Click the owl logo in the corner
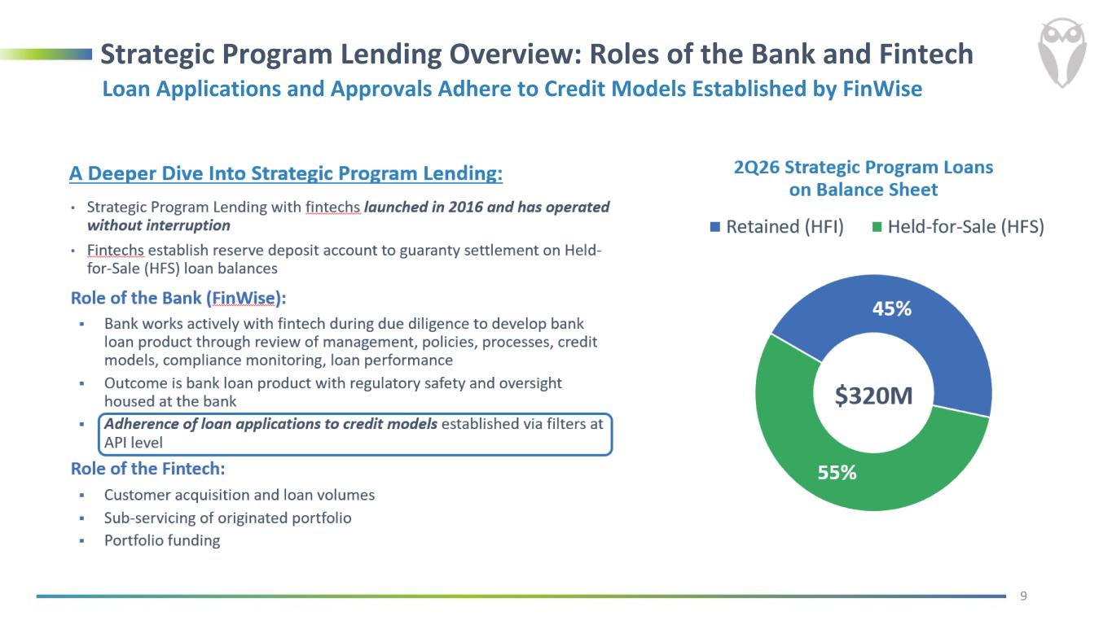click(x=1061, y=53)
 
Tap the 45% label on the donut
click(x=891, y=308)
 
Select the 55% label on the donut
click(x=837, y=472)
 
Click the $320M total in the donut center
click(x=873, y=396)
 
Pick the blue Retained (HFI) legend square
click(x=715, y=227)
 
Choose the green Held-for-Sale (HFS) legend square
click(x=877, y=227)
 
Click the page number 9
click(x=1023, y=596)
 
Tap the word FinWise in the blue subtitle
click(x=882, y=89)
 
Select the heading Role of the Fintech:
click(x=148, y=468)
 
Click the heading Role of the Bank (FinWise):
click(x=178, y=298)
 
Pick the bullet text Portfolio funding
click(x=162, y=540)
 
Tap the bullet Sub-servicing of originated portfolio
click(x=228, y=518)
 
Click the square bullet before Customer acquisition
click(x=82, y=495)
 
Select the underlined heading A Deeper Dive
click(x=286, y=173)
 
